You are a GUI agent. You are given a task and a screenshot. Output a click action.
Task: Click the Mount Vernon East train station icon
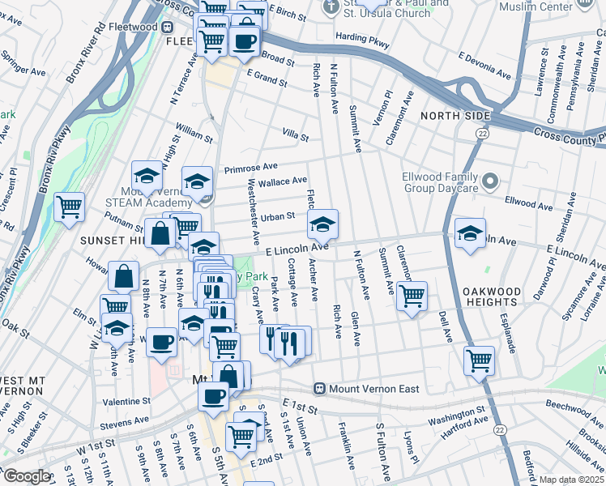click(x=320, y=389)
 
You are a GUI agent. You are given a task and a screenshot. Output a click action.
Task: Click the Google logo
click(x=26, y=476)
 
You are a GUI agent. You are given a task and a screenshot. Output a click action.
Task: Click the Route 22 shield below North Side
click(x=483, y=133)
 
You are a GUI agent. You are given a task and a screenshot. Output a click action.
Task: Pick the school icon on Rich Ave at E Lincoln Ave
click(x=322, y=225)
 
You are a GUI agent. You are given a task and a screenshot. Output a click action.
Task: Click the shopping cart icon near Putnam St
click(x=70, y=208)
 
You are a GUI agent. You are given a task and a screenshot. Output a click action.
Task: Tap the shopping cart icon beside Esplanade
click(x=479, y=360)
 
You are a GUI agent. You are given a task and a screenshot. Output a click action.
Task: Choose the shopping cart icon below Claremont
click(x=412, y=296)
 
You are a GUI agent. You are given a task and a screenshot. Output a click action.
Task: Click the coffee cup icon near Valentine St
click(x=214, y=398)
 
